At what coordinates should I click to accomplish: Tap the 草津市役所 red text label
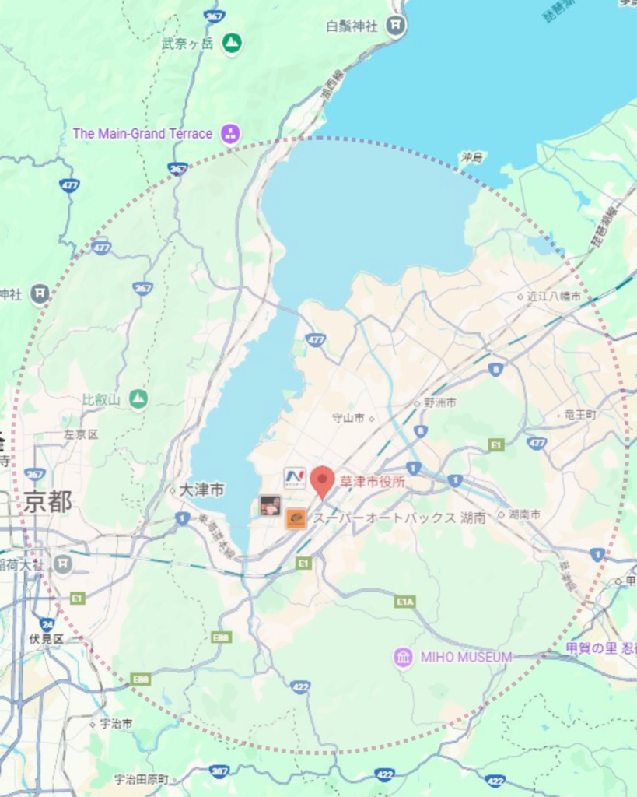[372, 483]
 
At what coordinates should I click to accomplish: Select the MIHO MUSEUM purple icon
[403, 658]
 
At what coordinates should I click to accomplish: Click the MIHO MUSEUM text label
[466, 658]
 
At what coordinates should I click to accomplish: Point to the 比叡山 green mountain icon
[138, 399]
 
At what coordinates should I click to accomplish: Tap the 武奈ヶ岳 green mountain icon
[231, 43]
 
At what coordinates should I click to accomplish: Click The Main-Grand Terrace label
[142, 134]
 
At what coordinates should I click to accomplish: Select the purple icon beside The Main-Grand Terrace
[230, 134]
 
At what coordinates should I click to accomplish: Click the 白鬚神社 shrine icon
[396, 26]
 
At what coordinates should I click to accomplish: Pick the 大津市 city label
[201, 490]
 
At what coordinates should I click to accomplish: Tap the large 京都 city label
[47, 502]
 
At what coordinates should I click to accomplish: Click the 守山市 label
[348, 418]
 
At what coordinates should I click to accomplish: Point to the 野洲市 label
[439, 403]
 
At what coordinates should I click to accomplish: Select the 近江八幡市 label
[554, 297]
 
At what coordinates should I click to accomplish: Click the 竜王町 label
[580, 415]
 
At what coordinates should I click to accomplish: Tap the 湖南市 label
[524, 514]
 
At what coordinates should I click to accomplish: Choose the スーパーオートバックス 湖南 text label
[399, 518]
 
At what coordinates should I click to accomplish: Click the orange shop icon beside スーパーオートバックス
[296, 518]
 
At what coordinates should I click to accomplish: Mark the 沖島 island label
[471, 158]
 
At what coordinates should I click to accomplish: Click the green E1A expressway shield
[404, 602]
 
